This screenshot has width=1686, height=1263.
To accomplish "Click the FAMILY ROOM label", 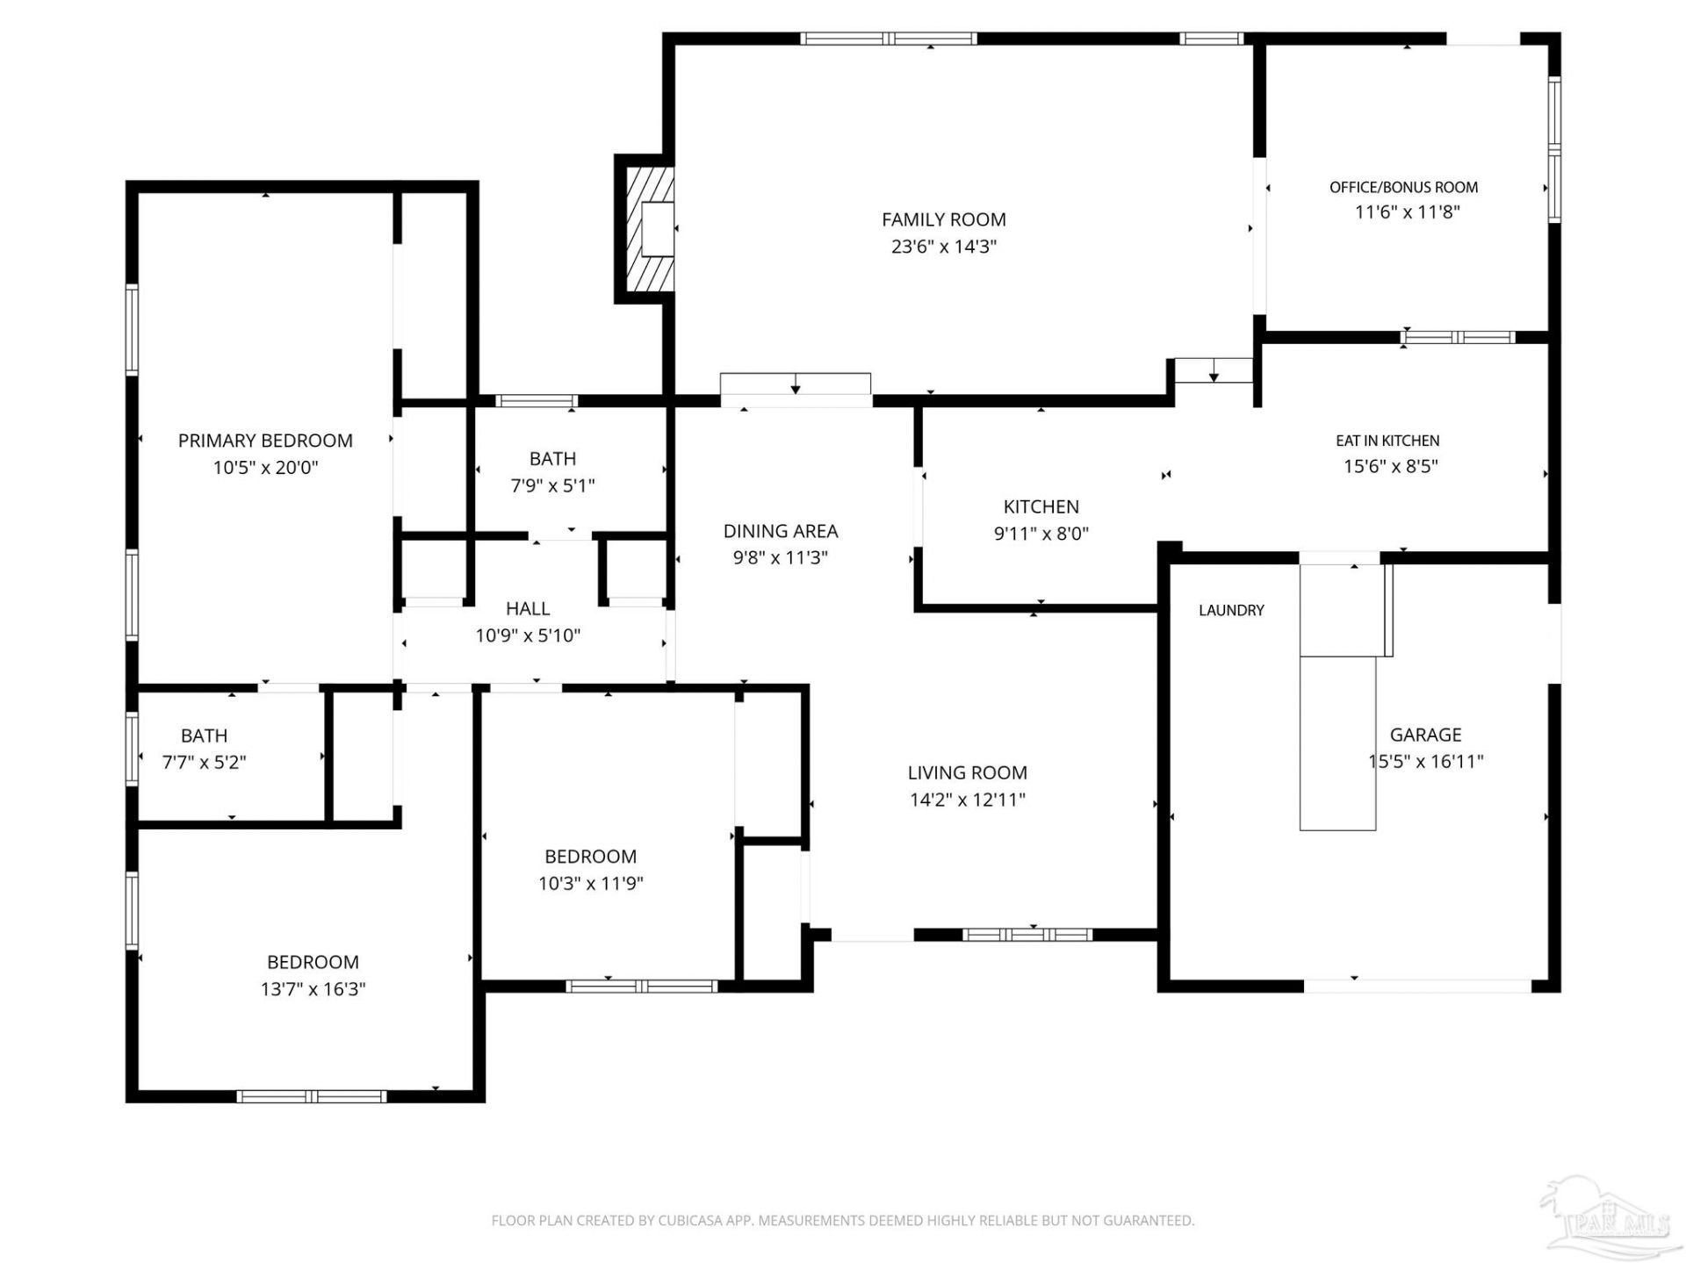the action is click(x=944, y=219).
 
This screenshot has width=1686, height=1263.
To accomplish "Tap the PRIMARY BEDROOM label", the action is click(x=265, y=441).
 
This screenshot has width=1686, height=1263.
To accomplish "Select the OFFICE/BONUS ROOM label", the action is click(x=1403, y=187).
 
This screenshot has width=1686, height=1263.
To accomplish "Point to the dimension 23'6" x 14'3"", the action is click(x=944, y=247).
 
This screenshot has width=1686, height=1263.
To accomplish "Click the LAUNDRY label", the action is click(x=1231, y=610).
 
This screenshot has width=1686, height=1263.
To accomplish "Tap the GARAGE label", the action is click(x=1425, y=735).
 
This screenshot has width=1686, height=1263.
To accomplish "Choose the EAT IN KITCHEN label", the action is click(x=1387, y=441).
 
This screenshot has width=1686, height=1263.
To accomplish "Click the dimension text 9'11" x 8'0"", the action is click(x=1041, y=534).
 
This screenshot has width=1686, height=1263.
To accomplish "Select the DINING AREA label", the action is click(x=781, y=531).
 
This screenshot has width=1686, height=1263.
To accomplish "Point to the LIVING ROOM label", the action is click(x=968, y=772).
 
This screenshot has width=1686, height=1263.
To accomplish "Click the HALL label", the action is click(x=528, y=608).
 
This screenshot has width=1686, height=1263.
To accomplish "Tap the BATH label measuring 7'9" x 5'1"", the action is click(x=552, y=458).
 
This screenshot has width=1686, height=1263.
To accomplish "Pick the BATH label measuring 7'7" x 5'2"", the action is click(x=204, y=736).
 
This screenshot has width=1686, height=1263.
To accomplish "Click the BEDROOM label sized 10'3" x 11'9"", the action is click(x=590, y=857).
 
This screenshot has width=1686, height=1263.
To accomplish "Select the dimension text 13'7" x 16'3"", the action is click(x=313, y=989).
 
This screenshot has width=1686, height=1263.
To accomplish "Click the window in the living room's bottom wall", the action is click(x=1027, y=935).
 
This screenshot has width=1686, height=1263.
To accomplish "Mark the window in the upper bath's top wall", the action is click(x=537, y=401).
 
